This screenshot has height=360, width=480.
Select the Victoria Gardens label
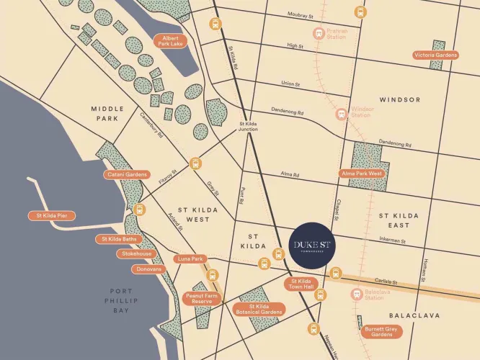click(x=435, y=55)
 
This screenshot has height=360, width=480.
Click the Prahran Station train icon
click(x=319, y=32)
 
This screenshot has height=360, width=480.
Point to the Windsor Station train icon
click(x=342, y=113)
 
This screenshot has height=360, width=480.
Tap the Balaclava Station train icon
click(x=356, y=294)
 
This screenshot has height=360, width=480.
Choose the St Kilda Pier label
click(x=52, y=215)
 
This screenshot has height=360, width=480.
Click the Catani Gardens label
click(x=128, y=174)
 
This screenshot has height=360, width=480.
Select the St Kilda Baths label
click(x=117, y=239)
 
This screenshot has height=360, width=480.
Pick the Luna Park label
click(x=191, y=258)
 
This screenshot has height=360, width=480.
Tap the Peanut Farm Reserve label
click(x=201, y=298)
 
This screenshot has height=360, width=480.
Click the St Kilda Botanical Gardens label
click(x=260, y=310)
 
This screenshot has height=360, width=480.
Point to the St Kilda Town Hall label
click(x=301, y=284)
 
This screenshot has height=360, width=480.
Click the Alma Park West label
click(x=362, y=174)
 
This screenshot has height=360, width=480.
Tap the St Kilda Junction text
click(x=253, y=127)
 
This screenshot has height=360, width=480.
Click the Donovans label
click(x=148, y=269)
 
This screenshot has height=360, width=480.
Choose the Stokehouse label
click(x=137, y=254)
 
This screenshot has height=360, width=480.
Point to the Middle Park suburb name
click(x=108, y=112)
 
